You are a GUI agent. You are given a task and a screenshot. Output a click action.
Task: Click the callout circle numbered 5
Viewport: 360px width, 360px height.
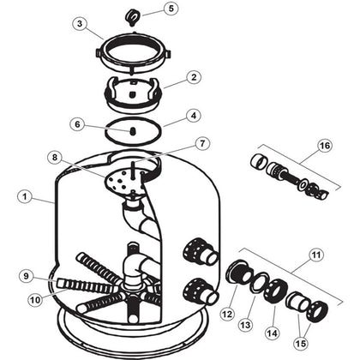171,9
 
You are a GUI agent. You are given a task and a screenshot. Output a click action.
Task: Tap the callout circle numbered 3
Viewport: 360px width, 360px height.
80,23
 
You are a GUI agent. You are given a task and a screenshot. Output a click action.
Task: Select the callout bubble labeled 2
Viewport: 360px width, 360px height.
194,77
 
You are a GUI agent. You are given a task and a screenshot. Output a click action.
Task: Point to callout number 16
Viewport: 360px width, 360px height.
325,146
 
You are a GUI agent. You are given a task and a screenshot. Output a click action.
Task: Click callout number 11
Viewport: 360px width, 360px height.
315,255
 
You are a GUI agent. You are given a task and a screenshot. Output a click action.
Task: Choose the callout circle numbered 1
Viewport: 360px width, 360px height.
25,197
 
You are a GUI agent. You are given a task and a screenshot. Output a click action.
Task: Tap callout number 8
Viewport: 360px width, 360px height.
55,158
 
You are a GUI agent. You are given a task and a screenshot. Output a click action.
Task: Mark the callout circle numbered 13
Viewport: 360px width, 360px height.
245,325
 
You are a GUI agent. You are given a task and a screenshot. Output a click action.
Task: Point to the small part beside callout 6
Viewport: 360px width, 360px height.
133,131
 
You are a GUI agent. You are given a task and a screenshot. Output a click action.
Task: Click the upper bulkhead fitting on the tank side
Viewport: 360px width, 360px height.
201,251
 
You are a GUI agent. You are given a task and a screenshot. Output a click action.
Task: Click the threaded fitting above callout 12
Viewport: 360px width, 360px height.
239,273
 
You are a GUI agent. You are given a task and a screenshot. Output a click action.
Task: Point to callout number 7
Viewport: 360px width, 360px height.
202,143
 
